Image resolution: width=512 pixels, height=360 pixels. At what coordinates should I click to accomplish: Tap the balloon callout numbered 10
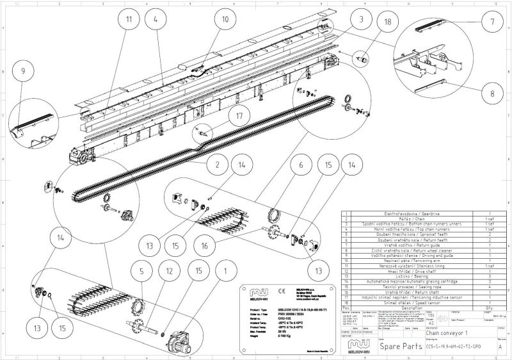click(225, 19)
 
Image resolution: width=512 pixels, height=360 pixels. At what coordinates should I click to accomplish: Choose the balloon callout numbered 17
click(221, 117)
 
